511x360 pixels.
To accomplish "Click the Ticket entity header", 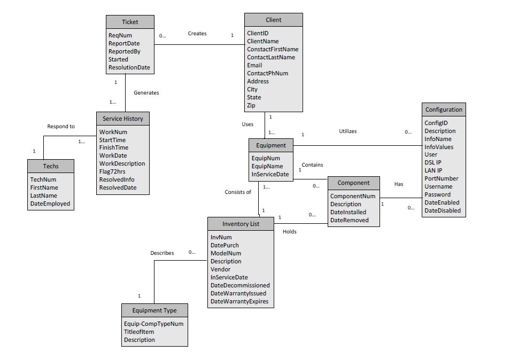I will pos(130,22).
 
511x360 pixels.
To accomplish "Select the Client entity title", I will pos(273,20).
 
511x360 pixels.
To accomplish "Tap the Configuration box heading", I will pos(444,109).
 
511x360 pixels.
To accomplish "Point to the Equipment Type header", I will pos(154,310).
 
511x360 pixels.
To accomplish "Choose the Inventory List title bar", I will pos(241,224).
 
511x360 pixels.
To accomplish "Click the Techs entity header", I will pos(51,166).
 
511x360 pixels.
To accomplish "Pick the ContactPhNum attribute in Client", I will pos(267,73).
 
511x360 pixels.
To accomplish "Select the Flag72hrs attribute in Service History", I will pos(113,171).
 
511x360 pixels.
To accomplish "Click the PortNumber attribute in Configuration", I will pos(441,178).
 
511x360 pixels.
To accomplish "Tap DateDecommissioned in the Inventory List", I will pos(240,285).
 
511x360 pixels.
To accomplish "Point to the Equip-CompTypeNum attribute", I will pos(153,324).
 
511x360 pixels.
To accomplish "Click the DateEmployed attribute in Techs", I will pos(50,204).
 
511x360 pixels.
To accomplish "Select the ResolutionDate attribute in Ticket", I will pos(129,68).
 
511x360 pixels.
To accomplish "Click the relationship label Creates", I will pos(197,33).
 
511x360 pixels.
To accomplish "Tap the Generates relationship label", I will pos(146,92).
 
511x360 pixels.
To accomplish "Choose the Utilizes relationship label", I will pos(348,131).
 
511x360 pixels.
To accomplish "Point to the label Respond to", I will pos(61,127).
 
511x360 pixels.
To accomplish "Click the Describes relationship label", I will pos(162,253).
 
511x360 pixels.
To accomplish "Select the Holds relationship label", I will pos(289,232).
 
